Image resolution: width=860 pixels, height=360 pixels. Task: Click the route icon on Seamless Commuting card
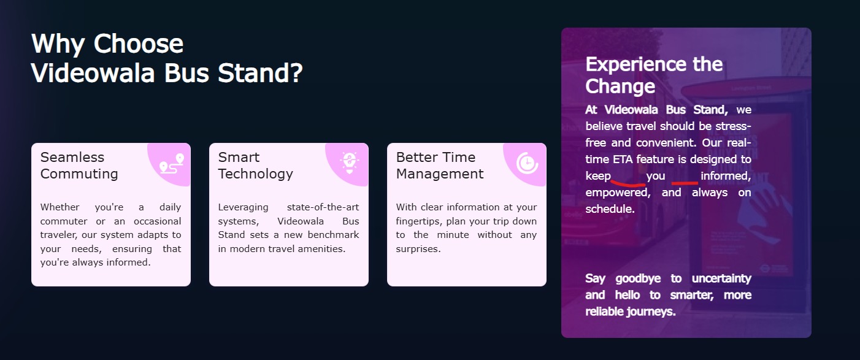(172, 164)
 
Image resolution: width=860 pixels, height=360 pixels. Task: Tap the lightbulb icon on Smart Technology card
(350, 163)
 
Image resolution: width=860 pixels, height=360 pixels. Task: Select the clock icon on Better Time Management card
(527, 163)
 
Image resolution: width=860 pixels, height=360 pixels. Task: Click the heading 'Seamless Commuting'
(79, 166)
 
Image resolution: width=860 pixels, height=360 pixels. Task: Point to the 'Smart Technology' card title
(255, 166)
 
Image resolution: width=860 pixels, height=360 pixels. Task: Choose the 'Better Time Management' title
(440, 166)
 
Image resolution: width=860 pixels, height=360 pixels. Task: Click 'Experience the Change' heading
(654, 75)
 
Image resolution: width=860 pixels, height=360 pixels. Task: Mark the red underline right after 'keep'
(628, 183)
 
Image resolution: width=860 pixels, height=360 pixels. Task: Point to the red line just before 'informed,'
(685, 183)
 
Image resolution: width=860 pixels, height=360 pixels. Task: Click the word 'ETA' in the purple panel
(623, 159)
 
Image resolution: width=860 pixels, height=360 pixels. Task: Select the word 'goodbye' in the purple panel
(638, 279)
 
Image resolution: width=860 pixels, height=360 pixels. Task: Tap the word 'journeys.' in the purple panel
(651, 312)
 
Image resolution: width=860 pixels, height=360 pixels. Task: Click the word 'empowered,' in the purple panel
(618, 193)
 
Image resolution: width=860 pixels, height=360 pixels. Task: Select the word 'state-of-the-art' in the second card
(323, 207)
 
